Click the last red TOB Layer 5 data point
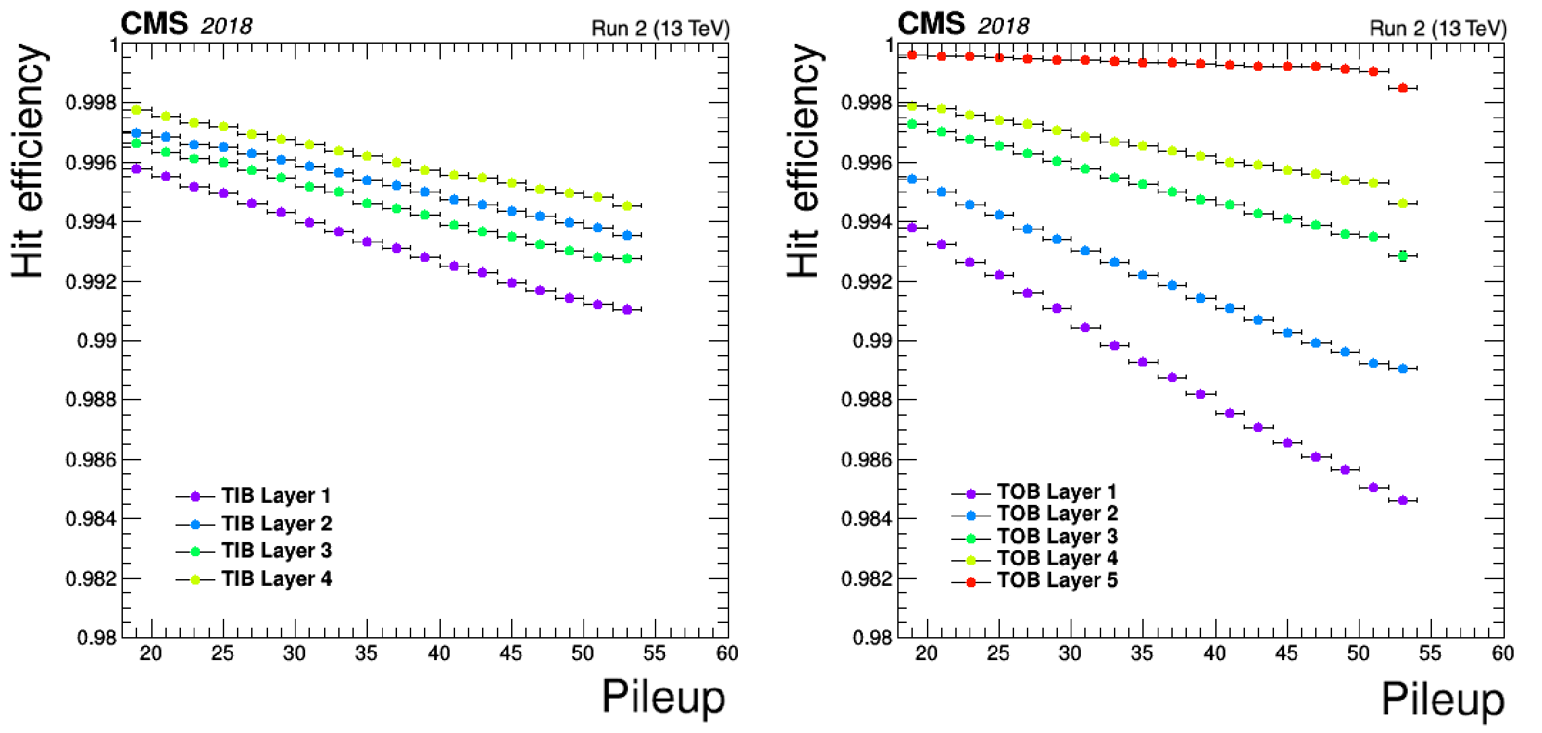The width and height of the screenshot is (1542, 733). (1403, 88)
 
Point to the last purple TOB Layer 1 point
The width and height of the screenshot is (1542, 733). (1403, 500)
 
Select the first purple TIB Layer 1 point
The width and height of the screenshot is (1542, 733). (136, 169)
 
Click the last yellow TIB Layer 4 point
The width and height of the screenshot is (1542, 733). (627, 206)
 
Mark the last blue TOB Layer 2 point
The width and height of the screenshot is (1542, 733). (1403, 369)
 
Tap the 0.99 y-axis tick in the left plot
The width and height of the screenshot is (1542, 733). (97, 341)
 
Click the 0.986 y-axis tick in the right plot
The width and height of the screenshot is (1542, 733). (866, 460)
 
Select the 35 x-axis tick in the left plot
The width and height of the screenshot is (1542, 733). (367, 653)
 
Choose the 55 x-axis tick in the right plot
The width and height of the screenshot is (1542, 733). (1430, 653)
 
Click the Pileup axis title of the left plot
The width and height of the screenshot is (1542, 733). (663, 697)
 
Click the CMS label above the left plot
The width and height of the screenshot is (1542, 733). (154, 25)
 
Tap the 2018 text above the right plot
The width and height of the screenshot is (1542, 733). (1003, 26)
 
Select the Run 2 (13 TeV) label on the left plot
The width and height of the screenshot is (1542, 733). (660, 28)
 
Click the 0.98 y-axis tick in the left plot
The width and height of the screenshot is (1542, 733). (97, 638)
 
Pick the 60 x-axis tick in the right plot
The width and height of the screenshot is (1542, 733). (1503, 653)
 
